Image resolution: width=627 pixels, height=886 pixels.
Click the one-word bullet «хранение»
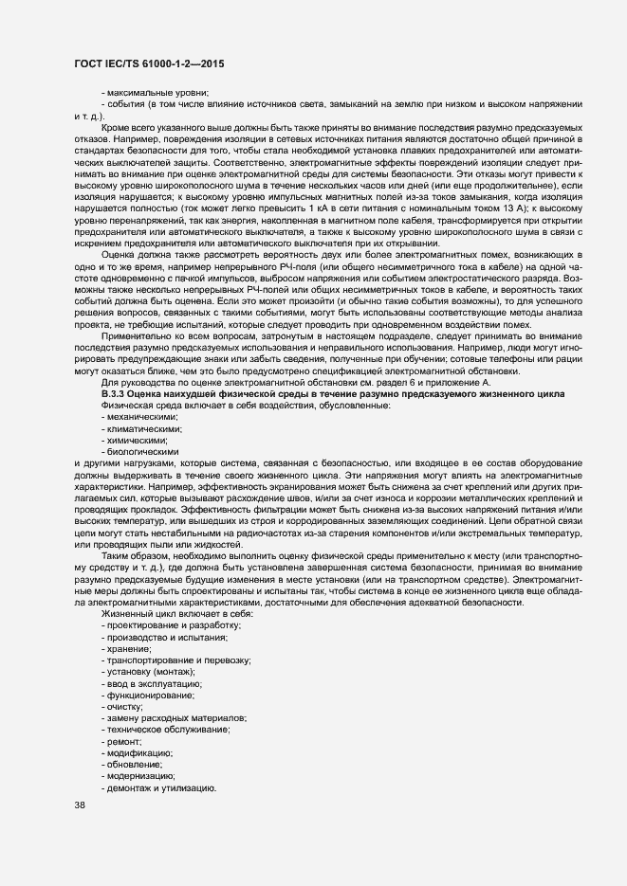coord(128,649)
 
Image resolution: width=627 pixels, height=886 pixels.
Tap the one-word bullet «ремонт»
coord(123,741)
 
